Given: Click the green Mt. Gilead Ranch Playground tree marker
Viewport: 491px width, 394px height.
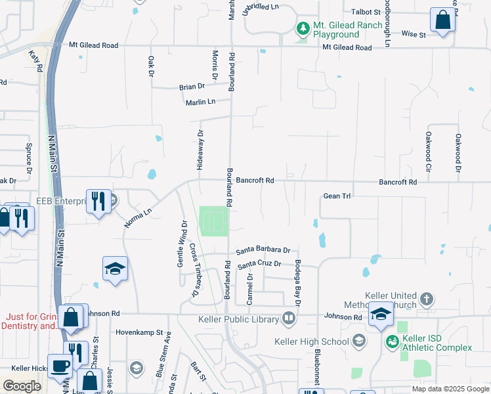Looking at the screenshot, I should point(303,28).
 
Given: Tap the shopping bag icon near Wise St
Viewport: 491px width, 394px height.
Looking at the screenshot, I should point(443,20).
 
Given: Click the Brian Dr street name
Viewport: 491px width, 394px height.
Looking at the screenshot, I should point(192,86).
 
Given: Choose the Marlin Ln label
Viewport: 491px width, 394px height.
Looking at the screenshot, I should point(200,102).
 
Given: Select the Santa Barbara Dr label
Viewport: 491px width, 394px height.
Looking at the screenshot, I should point(263,250).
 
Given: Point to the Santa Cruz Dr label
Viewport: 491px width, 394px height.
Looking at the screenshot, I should point(259,264).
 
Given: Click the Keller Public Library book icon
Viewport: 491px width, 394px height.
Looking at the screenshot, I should point(289,319).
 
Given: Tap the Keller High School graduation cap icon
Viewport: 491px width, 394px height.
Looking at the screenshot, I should point(359,341).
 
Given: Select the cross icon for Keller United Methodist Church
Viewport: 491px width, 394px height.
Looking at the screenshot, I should point(427,299).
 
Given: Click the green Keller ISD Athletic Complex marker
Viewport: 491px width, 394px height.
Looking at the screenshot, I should point(392,341).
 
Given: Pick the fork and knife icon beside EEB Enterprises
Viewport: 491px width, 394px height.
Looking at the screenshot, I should point(98,201).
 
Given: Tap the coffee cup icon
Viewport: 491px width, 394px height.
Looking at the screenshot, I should point(60,365).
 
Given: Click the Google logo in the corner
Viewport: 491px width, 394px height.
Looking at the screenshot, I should point(22,386).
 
